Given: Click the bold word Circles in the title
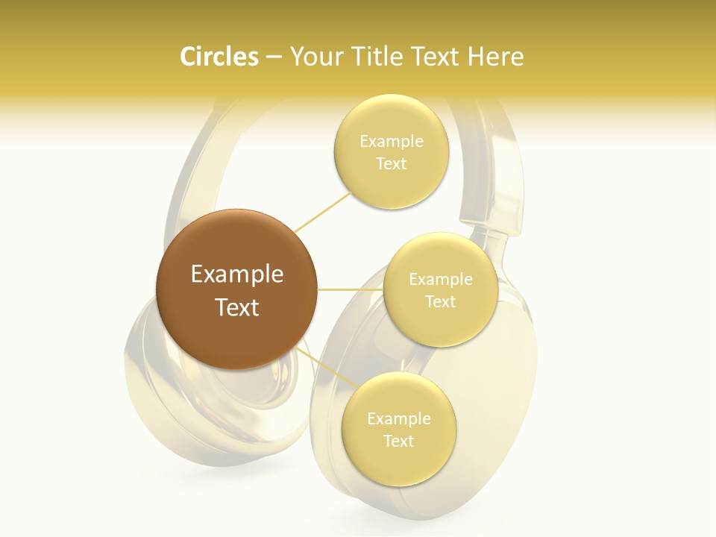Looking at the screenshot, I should click(x=219, y=57).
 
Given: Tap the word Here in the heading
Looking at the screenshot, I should click(x=495, y=57).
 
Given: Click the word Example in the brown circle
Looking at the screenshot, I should click(x=236, y=274).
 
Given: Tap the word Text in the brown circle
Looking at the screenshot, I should click(x=236, y=307).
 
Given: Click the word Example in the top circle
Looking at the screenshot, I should click(x=391, y=142).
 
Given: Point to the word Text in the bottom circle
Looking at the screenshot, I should click(x=398, y=441).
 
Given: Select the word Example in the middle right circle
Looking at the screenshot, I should click(x=440, y=280).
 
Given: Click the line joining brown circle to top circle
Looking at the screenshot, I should click(x=322, y=213).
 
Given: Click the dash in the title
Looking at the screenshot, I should click(x=274, y=57).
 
